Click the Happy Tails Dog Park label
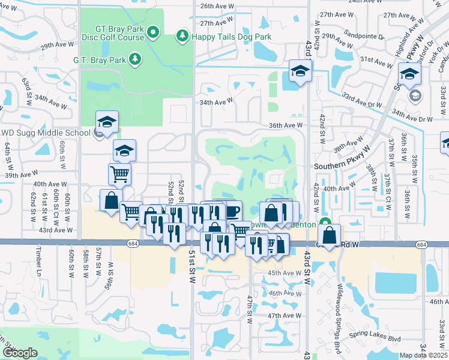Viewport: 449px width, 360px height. (231, 37)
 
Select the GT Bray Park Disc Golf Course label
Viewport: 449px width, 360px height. (119, 32)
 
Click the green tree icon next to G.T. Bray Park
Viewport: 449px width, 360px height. (136, 59)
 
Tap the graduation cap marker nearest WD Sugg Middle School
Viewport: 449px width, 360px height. (107, 122)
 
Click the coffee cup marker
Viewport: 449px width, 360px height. (231, 211)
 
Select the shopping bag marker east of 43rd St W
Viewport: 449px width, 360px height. (329, 235)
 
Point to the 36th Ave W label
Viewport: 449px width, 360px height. (285, 125)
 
